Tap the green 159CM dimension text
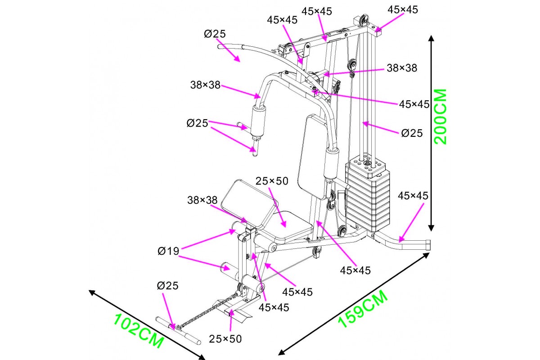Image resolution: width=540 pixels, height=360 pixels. (x=362, y=309)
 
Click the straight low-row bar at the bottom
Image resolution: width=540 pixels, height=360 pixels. (x=178, y=331)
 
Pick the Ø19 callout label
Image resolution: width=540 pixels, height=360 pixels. (x=168, y=252)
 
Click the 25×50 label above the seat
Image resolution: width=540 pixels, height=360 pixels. (x=271, y=181)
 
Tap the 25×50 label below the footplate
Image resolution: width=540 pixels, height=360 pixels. (x=225, y=338)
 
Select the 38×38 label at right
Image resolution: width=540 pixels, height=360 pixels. (x=402, y=68)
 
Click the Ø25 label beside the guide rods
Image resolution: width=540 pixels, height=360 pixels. (x=412, y=133)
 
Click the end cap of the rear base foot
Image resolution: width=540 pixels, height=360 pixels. (x=427, y=245)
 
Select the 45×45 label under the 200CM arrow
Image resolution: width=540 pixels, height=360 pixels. (x=413, y=196)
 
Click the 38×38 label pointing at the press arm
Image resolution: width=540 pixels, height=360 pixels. (x=205, y=85)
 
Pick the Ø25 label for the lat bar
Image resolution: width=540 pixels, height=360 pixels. (x=214, y=34)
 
